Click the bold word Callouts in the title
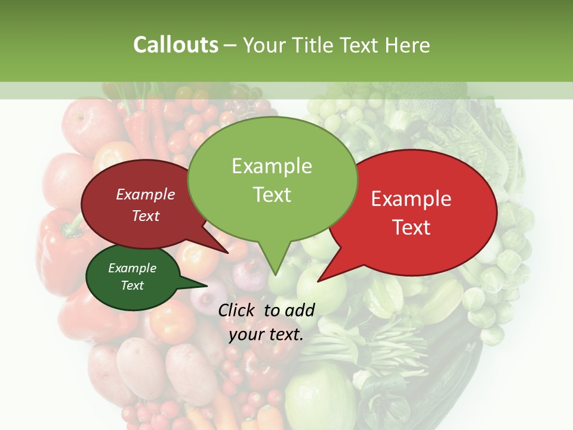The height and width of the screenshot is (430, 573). coord(175,45)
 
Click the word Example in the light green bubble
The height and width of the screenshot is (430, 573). coord(272,166)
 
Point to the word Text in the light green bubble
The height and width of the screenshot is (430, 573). coord(272,195)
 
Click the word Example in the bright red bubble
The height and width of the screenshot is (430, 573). coord(411,199)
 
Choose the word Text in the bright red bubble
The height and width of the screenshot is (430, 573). coord(411,228)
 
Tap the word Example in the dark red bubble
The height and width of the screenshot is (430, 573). coord(146,194)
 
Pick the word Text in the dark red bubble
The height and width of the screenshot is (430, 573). coord(146,216)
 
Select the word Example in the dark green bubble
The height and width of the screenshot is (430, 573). coord(133,268)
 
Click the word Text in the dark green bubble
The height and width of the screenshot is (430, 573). coord(133,285)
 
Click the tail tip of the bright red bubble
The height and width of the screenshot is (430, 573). coord(318,281)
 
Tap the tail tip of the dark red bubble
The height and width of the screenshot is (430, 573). coord(229,253)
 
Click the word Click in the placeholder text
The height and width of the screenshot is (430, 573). coord(238,310)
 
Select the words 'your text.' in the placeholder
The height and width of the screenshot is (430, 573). coord(266,334)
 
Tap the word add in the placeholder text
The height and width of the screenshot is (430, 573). coord(300,310)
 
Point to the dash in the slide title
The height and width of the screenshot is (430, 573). coord(231,45)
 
